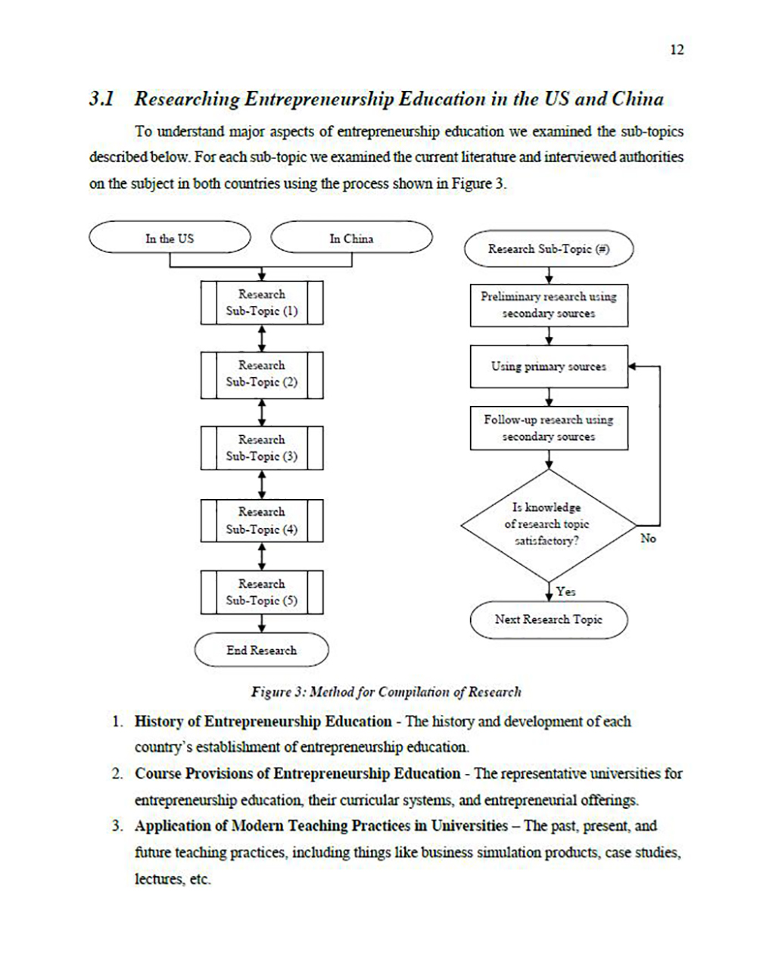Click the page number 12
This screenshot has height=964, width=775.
tap(677, 50)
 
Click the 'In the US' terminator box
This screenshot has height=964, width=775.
tap(170, 239)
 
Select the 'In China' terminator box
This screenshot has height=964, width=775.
tap(351, 239)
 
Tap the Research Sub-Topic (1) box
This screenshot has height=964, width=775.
tap(262, 303)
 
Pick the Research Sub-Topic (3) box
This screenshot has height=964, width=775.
tap(262, 448)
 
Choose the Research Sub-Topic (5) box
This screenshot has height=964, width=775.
tap(262, 592)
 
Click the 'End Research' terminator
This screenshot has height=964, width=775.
tap(262, 650)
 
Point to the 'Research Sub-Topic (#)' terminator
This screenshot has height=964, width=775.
tap(549, 249)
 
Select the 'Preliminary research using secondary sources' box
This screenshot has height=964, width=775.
tap(549, 305)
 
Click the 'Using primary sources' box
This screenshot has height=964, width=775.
tap(549, 367)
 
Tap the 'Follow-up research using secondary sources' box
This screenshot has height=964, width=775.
tap(549, 429)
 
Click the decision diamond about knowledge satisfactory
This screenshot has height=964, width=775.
tap(547, 525)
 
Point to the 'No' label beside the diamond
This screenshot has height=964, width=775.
tap(648, 538)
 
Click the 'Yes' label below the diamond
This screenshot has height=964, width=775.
tap(565, 591)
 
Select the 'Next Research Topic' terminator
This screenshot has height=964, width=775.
tap(549, 619)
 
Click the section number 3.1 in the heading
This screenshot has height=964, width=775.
tap(101, 99)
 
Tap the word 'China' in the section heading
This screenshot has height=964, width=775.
tap(636, 99)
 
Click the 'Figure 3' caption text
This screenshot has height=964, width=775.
tap(386, 691)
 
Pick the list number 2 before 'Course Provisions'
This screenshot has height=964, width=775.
tap(117, 774)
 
